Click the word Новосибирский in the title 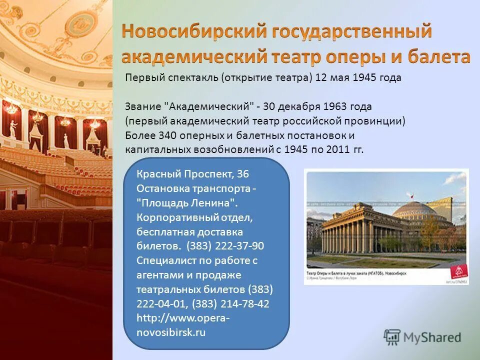pyautogui.click(x=194, y=31)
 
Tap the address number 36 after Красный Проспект pyautogui.click(x=242, y=174)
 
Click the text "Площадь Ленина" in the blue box pyautogui.click(x=186, y=203)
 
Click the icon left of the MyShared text pyautogui.click(x=392, y=337)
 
